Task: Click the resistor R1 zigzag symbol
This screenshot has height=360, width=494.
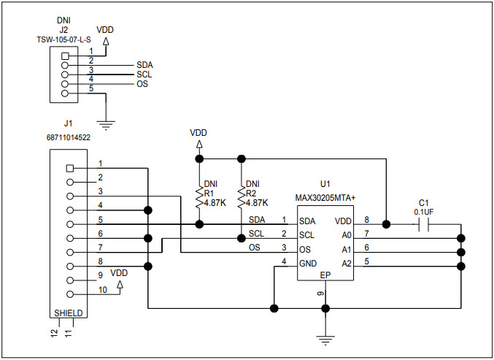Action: [x=198, y=196]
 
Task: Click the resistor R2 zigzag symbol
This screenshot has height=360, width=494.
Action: [x=241, y=196]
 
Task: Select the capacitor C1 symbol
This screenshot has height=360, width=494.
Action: [x=423, y=225]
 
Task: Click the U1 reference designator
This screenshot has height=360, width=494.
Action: [x=325, y=184]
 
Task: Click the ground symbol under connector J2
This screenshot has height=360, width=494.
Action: [x=107, y=125]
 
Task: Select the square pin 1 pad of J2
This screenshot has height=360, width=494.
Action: [x=66, y=56]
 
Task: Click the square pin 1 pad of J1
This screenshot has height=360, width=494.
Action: [x=70, y=168]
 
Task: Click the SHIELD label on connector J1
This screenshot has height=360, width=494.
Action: [x=68, y=313]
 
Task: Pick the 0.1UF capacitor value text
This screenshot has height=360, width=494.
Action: [x=423, y=212]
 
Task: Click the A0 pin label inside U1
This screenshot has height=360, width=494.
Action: [x=346, y=235]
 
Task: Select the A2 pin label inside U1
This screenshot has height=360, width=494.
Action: [x=346, y=263]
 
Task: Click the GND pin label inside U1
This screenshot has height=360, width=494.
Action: [x=307, y=263]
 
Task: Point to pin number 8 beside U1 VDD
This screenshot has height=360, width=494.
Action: [x=366, y=218]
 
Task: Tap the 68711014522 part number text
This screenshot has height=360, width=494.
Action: [x=68, y=137]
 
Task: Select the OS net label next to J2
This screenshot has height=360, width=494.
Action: [x=143, y=85]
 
